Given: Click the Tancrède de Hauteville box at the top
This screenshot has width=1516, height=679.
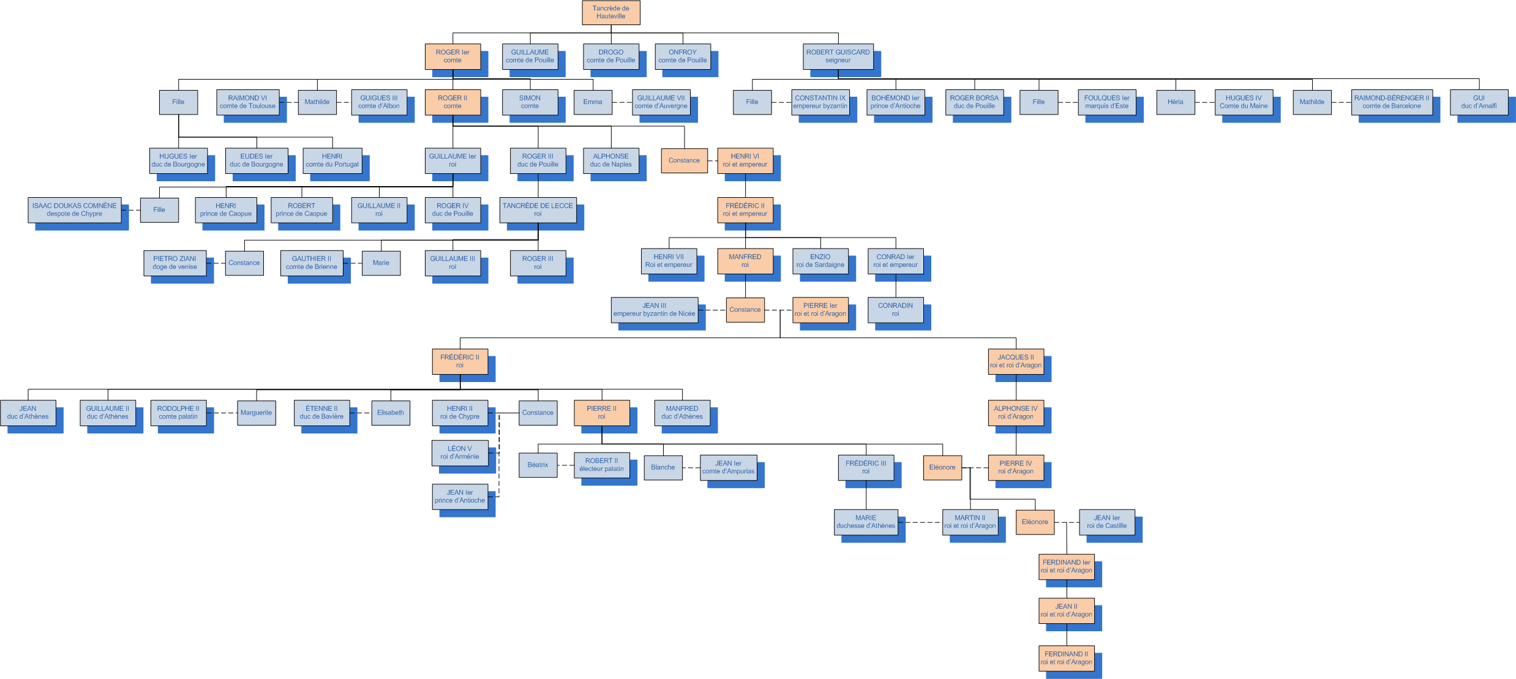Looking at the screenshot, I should (610, 12).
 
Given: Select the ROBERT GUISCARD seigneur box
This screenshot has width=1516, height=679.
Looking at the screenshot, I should (838, 56).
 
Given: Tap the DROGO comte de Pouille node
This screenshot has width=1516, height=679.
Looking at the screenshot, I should (610, 56).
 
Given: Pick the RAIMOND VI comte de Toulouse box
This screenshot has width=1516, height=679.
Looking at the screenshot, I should (247, 102).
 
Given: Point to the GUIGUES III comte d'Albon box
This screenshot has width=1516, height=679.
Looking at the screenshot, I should (378, 102).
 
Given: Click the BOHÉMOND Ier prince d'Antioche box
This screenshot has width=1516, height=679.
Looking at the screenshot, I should (895, 102).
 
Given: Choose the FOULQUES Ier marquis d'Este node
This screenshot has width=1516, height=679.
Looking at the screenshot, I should (1106, 102).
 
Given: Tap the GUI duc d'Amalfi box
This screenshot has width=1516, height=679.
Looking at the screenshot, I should (1479, 102).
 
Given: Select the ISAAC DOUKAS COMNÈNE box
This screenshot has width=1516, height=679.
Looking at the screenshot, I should (74, 210).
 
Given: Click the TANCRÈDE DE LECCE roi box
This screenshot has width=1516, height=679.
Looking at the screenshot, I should (538, 210).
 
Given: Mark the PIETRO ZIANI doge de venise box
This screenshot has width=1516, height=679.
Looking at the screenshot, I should (174, 263).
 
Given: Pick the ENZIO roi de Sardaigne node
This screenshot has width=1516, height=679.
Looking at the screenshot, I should (820, 261).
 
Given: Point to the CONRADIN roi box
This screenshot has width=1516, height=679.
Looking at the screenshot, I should (895, 310).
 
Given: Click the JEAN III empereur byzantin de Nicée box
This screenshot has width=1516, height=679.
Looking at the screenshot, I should (654, 310).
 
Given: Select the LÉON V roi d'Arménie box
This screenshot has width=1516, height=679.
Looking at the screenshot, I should (459, 453).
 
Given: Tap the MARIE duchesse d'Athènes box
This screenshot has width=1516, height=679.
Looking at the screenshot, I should (865, 522).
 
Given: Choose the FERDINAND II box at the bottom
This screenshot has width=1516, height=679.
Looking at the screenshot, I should (1066, 658).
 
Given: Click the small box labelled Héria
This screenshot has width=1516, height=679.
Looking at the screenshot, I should (1175, 102).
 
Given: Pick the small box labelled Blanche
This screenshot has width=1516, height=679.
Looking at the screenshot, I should (662, 468).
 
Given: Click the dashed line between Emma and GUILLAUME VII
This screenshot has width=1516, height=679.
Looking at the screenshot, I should (621, 102).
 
